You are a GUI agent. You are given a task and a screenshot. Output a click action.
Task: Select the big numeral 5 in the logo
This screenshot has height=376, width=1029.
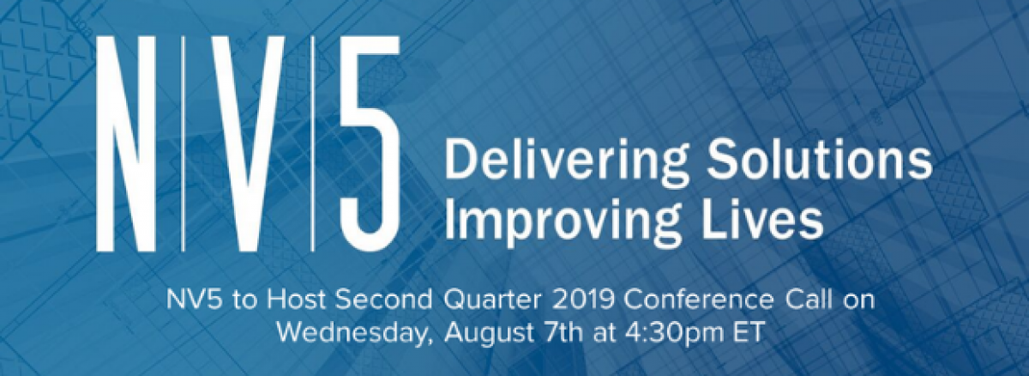[x=370, y=144]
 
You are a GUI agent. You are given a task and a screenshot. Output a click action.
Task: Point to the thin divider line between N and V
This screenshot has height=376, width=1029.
[x=184, y=144]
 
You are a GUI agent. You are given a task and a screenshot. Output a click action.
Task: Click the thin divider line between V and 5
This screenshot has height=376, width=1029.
[x=312, y=144]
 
